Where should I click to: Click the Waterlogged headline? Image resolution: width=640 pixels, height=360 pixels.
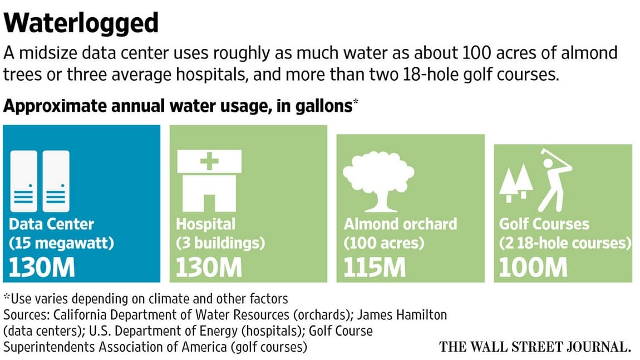[81, 24]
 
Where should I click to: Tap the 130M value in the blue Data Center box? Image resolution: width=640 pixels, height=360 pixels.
[42, 268]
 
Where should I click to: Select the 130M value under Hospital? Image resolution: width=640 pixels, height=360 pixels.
[209, 268]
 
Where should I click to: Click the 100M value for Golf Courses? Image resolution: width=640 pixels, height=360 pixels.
[533, 268]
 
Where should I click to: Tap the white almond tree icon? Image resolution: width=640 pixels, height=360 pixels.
[378, 181]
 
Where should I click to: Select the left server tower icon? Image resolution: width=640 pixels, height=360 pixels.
[23, 181]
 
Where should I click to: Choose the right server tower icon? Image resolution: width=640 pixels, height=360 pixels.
[56, 181]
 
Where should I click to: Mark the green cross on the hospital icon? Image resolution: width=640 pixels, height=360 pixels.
[209, 161]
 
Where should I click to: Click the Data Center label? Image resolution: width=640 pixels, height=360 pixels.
[51, 224]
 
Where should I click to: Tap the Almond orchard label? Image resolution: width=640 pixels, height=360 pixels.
[400, 224]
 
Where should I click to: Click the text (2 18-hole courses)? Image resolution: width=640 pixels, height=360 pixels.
[565, 243]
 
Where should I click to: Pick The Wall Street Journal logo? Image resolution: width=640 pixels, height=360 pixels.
[535, 347]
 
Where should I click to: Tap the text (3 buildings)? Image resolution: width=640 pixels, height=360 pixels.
[220, 243]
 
